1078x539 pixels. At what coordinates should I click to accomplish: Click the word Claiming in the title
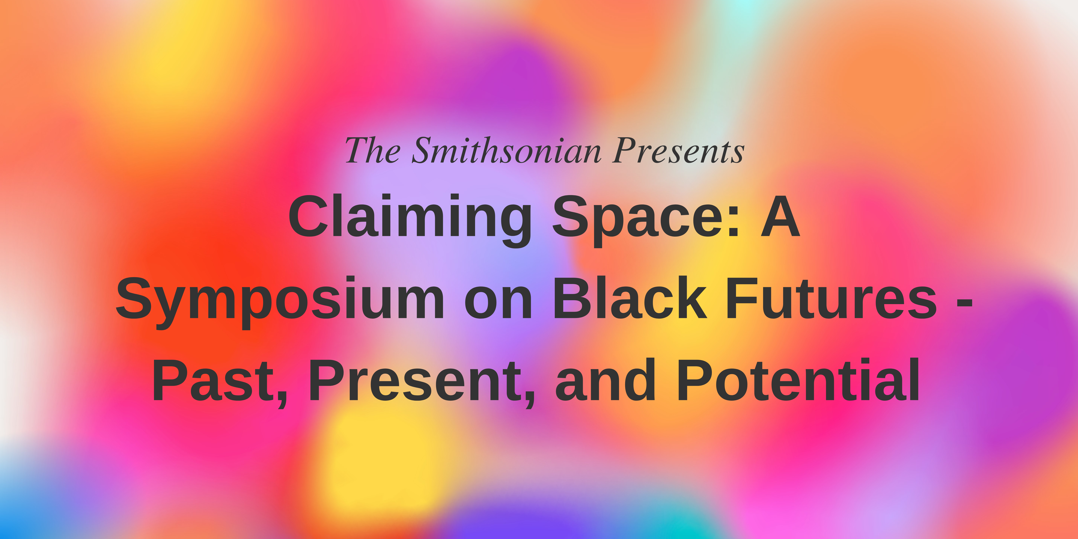pyautogui.click(x=410, y=220)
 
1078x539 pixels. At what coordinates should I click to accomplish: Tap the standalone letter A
pyautogui.click(x=780, y=216)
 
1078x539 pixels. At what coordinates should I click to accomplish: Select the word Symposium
pyautogui.click(x=279, y=301)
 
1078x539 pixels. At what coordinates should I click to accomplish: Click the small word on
pyautogui.click(x=498, y=305)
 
